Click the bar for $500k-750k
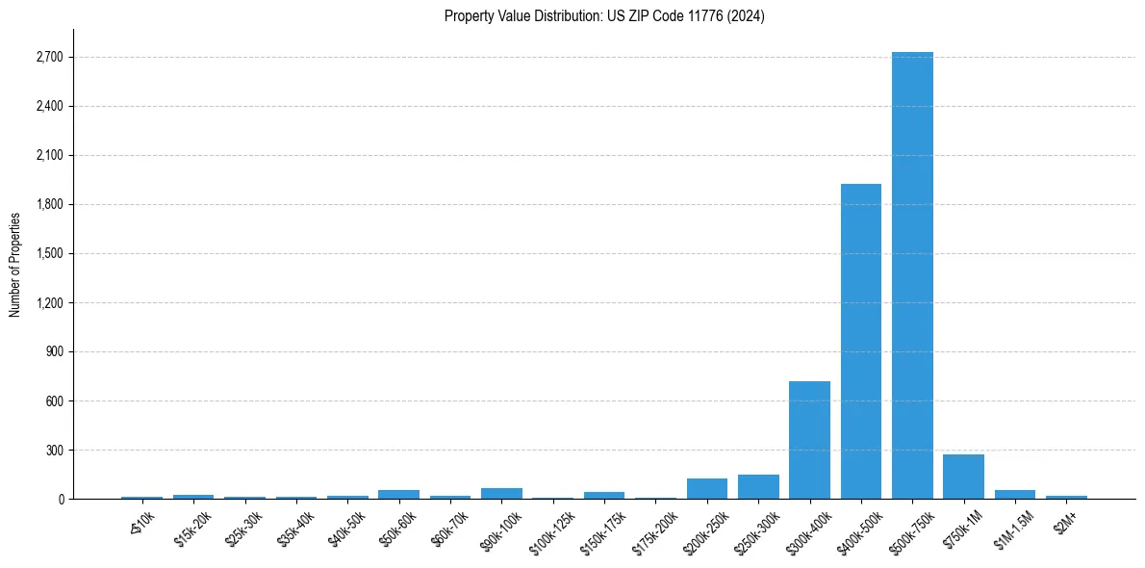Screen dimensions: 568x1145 912,275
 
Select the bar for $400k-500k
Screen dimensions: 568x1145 860,341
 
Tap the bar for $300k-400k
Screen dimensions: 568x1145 809,440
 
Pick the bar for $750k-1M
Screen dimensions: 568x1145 963,477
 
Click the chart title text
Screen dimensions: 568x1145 604,16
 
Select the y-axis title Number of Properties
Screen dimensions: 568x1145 14,265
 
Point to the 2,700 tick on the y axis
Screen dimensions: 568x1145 49,58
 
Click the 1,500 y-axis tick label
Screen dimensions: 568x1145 49,254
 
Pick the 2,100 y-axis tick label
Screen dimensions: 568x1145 49,156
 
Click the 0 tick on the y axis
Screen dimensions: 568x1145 61,500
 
